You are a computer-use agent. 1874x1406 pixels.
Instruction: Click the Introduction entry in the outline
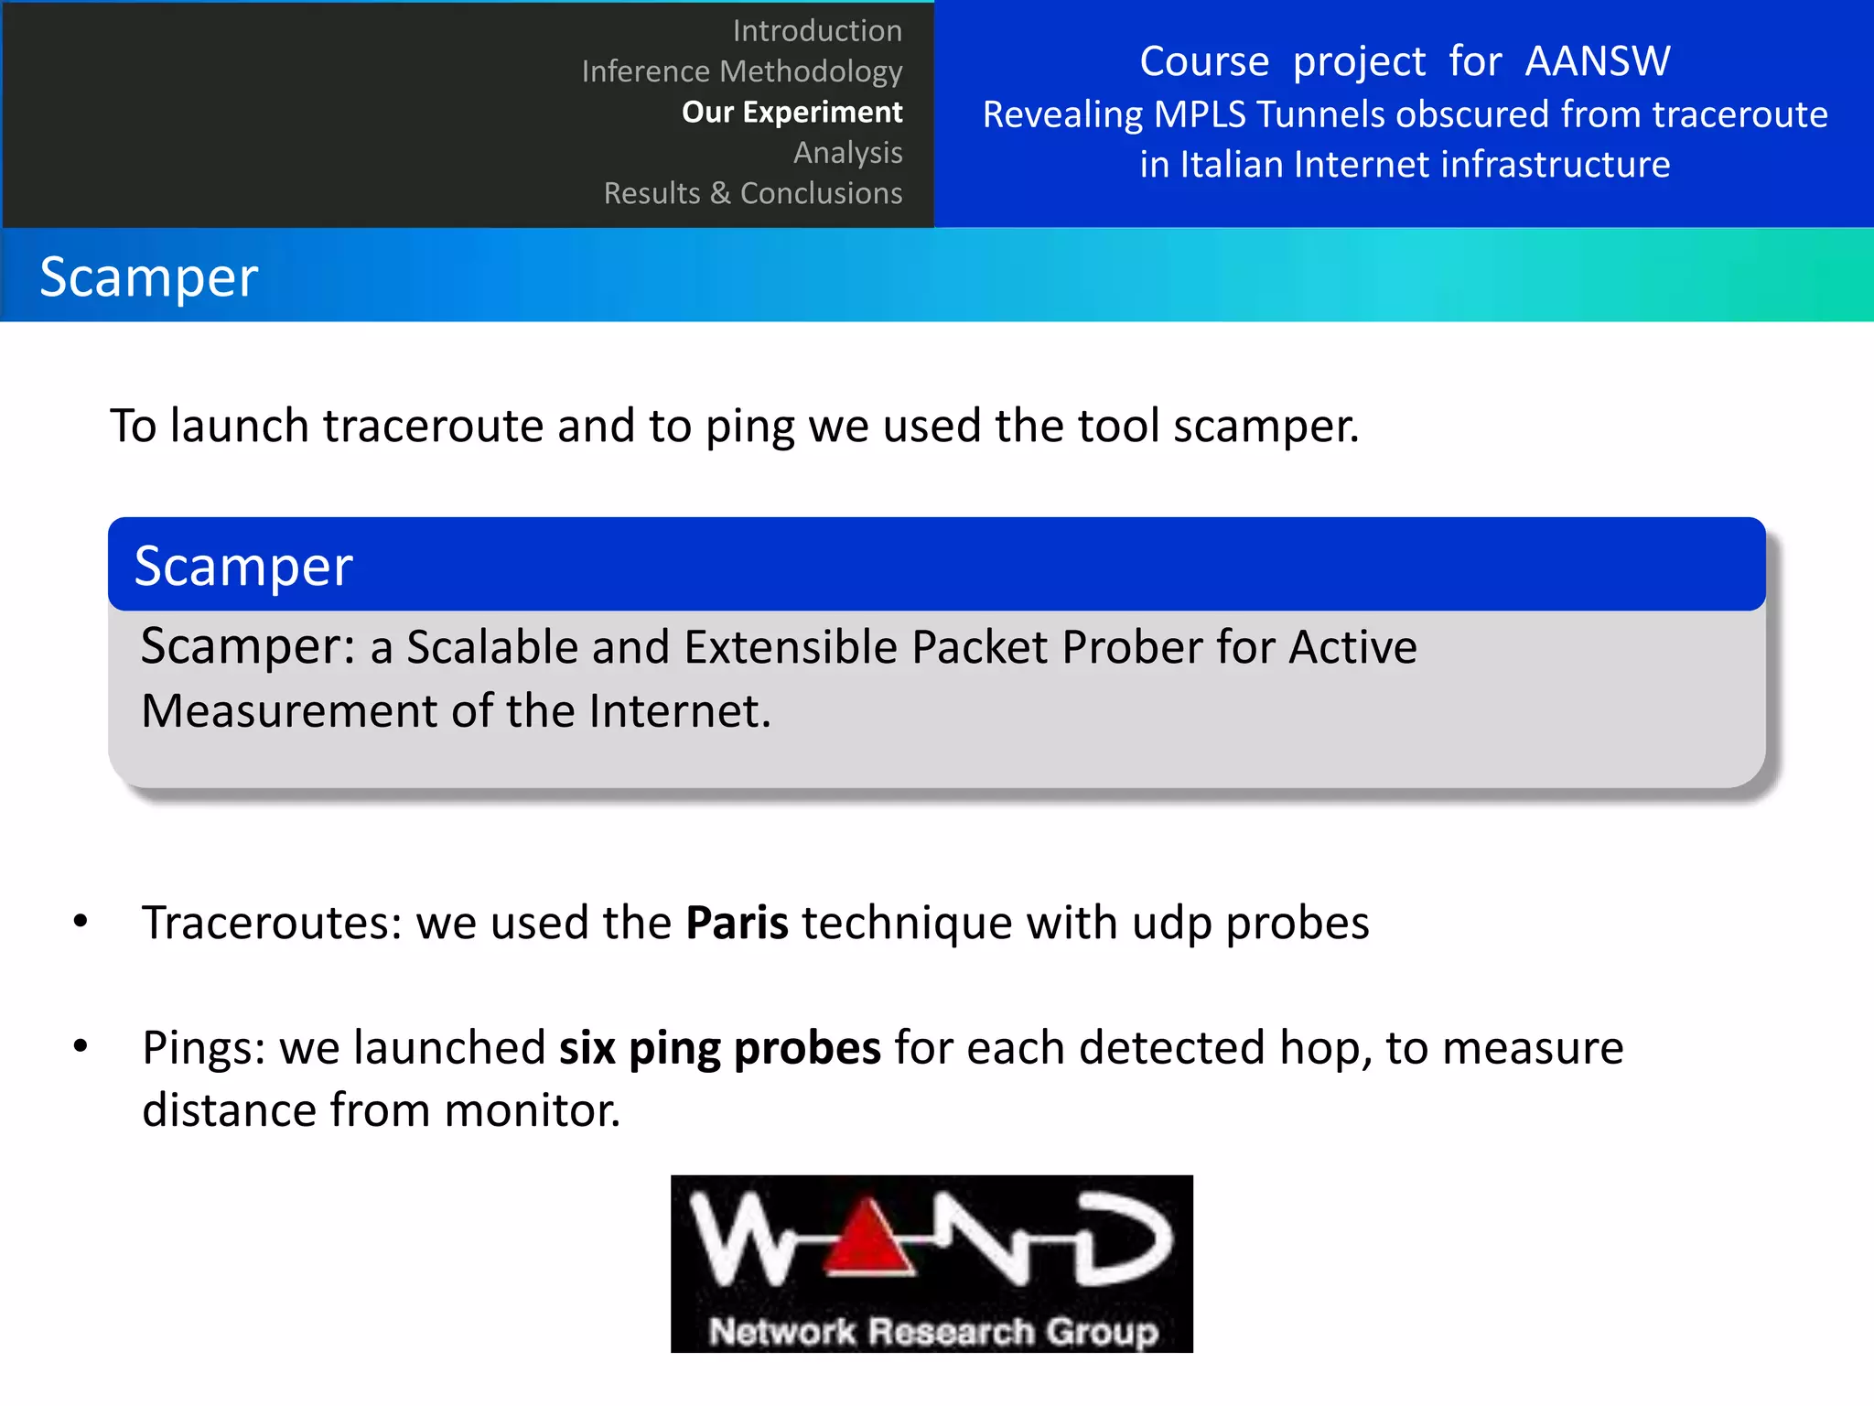(x=817, y=31)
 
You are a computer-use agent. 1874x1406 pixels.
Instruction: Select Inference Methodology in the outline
(x=742, y=71)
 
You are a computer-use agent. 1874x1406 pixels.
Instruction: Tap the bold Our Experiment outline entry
(x=792, y=112)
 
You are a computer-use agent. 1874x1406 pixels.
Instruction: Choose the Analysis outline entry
(x=847, y=152)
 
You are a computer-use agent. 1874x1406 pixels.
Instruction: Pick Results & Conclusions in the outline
(x=752, y=193)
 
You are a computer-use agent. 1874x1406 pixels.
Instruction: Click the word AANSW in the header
(x=1597, y=62)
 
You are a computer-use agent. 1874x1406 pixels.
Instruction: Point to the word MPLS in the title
(x=1200, y=115)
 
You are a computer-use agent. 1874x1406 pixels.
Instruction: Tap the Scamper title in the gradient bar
(x=149, y=277)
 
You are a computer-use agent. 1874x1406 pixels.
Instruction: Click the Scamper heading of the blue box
(x=243, y=567)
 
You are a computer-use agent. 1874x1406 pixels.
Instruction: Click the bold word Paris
(x=737, y=923)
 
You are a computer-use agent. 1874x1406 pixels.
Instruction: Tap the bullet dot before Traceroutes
(x=81, y=921)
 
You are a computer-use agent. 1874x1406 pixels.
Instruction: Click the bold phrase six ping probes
(x=719, y=1048)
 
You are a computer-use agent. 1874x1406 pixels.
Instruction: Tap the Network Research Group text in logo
(x=932, y=1332)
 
